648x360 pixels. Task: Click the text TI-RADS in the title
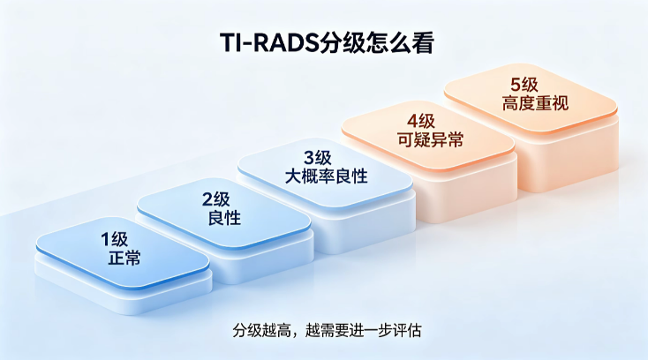270,42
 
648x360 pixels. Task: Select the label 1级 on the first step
115,239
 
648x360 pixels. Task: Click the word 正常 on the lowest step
124,258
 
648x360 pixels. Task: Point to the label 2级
215,199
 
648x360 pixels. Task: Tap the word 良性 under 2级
224,218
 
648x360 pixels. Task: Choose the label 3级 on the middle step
318,158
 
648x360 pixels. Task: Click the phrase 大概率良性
327,176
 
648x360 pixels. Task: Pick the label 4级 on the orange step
421,122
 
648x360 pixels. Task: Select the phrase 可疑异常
430,140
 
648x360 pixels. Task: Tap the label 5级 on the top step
524,85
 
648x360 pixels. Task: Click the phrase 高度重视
535,103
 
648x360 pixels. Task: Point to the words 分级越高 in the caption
261,331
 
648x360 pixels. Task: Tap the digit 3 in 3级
309,158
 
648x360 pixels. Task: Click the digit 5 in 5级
516,85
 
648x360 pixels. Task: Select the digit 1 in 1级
105,239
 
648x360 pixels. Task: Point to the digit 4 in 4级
412,122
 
